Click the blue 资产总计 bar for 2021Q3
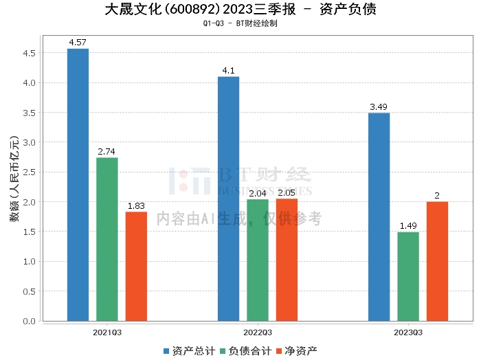point(78,185)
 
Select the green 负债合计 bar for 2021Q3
point(107,239)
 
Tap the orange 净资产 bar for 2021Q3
point(136,266)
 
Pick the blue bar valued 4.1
point(228,199)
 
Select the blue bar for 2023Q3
point(379,216)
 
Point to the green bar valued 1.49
point(408,276)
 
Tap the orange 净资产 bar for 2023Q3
point(437,261)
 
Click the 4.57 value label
point(78,43)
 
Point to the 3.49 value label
point(379,107)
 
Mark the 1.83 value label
point(136,206)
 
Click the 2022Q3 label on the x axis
point(258,332)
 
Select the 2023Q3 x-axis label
point(408,332)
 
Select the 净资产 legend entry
point(295,350)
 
